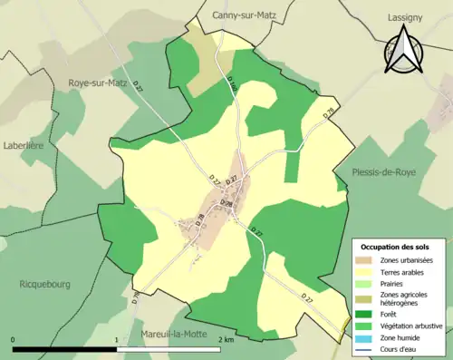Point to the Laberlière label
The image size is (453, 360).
[x=25, y=145]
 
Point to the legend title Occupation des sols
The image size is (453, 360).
[x=396, y=247]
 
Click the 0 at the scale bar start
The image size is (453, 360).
[x=14, y=340]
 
